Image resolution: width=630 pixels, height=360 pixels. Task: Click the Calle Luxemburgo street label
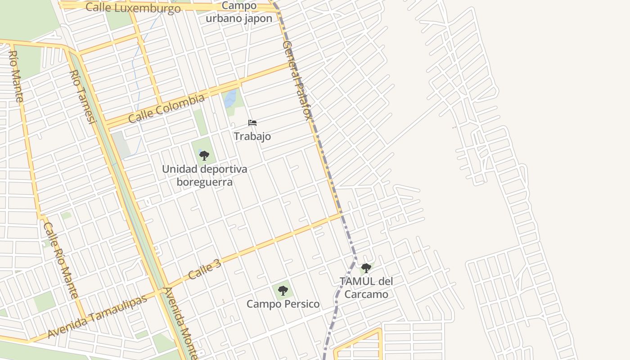click(133, 8)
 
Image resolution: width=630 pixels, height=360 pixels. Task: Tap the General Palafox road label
click(297, 81)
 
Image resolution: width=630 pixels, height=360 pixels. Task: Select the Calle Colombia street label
click(166, 108)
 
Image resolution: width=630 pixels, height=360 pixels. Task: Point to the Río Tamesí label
click(83, 97)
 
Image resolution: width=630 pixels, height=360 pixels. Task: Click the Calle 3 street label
click(205, 269)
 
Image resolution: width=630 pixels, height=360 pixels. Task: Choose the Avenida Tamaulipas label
click(97, 317)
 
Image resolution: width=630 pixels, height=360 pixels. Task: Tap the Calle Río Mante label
click(61, 261)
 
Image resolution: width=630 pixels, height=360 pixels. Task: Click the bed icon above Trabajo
click(252, 123)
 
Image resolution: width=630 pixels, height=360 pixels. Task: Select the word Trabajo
click(252, 136)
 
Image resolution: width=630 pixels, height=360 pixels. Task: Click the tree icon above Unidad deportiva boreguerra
click(204, 156)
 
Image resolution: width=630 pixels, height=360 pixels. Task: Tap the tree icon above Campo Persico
click(283, 290)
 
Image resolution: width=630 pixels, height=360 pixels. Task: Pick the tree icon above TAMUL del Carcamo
click(366, 268)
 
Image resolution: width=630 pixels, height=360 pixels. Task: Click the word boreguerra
click(204, 182)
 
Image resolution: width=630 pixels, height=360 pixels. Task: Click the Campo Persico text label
click(283, 304)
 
